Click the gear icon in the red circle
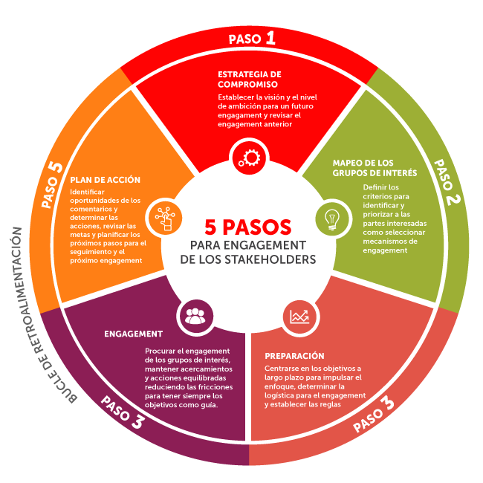(x=247, y=157)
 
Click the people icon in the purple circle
(x=194, y=316)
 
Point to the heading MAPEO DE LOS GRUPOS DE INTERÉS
(x=374, y=168)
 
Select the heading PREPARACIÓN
(x=294, y=356)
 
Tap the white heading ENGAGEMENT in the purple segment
(x=134, y=334)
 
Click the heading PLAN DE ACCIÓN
(x=105, y=180)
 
